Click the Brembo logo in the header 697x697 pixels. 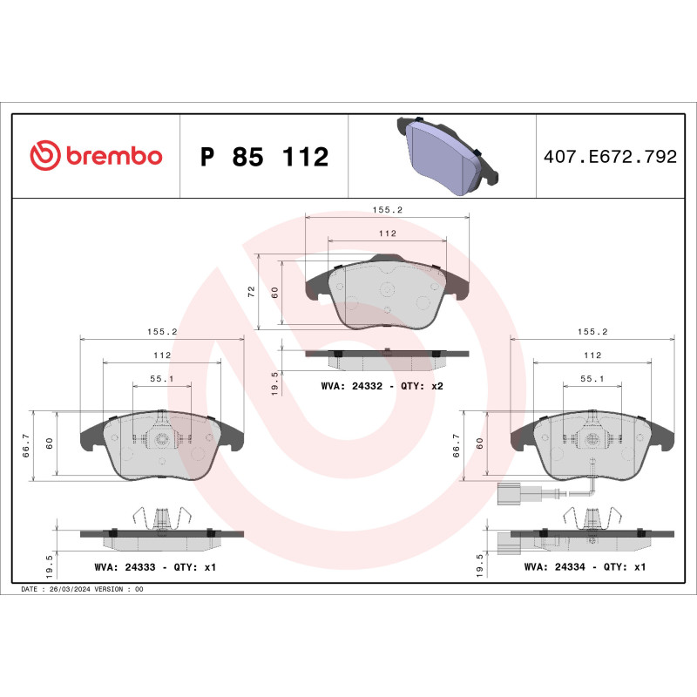96,156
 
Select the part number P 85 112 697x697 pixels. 264,158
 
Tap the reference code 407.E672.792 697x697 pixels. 609,157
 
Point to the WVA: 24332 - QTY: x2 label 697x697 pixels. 382,385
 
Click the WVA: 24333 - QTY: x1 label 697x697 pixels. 154,566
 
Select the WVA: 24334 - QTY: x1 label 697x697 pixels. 585,566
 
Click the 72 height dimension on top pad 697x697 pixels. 251,293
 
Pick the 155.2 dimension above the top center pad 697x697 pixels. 386,210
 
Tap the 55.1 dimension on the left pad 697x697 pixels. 162,379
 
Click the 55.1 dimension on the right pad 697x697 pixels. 592,379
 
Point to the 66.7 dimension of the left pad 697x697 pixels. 27,445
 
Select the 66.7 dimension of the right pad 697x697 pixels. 457,445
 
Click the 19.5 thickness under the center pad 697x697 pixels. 275,382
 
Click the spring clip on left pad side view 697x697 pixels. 161,518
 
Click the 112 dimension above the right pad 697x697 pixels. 592,355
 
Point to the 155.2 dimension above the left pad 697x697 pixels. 162,332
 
